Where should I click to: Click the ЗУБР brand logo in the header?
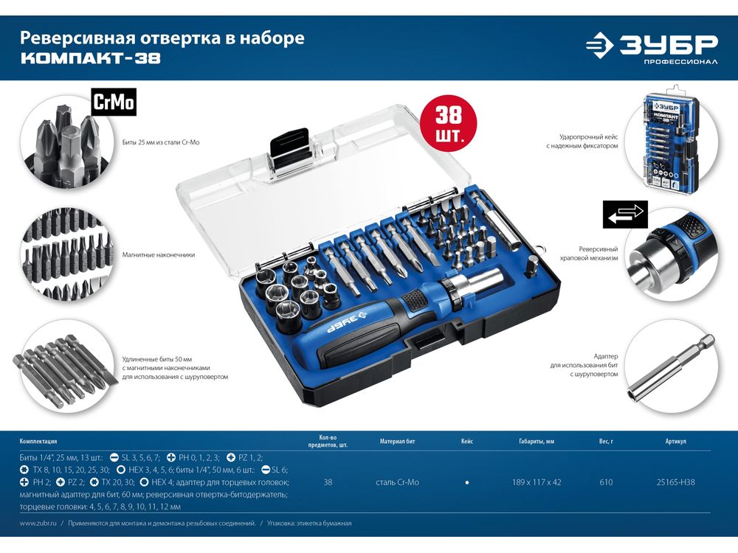pos(652,47)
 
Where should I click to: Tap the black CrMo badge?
pos(114,102)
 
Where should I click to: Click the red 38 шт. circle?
pos(449,123)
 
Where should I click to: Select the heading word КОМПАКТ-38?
pos(90,58)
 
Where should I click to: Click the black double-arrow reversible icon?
pos(625,215)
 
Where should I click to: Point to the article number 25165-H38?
pos(675,482)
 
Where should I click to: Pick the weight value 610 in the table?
pos(606,482)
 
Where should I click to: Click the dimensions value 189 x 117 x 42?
pos(537,482)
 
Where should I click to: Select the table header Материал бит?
pos(397,442)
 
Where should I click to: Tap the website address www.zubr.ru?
pos(38,523)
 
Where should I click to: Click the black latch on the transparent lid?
pos(289,150)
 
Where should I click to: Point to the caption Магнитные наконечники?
pos(158,255)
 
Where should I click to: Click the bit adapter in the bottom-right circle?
pos(671,369)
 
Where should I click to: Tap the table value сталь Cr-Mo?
pos(397,482)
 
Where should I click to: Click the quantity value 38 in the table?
pos(328,482)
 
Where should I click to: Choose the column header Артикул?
pos(675,442)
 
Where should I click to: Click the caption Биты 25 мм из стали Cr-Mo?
pos(160,142)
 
